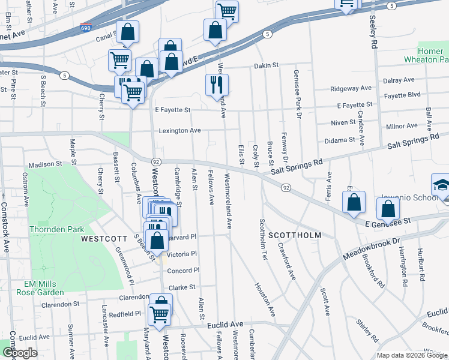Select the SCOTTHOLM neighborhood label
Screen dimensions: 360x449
[x=294, y=235]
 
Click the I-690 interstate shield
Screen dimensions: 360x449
[x=86, y=28]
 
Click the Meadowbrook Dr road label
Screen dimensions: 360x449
[x=372, y=247]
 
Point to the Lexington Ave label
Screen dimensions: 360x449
[x=179, y=130]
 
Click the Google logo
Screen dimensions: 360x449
[x=20, y=353]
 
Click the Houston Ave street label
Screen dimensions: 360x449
[x=265, y=300]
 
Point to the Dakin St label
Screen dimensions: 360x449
[x=267, y=65]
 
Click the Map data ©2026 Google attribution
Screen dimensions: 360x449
[x=412, y=355]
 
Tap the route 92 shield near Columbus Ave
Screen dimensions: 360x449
[x=155, y=162]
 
